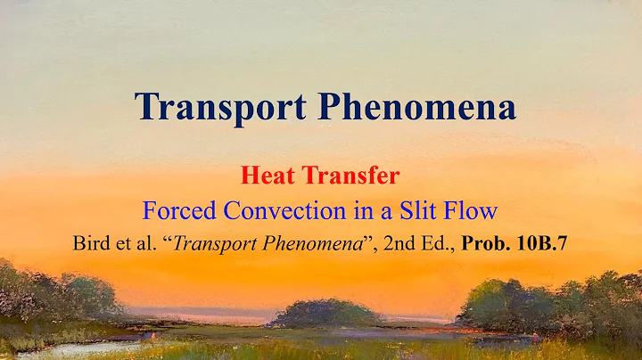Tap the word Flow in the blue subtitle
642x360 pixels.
(x=470, y=212)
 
